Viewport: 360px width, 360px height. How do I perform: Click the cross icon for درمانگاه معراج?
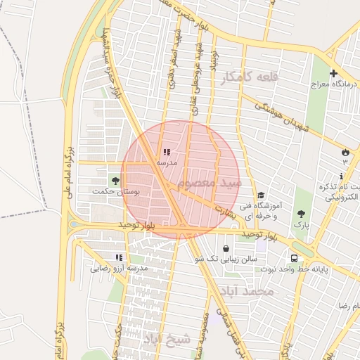(333, 73)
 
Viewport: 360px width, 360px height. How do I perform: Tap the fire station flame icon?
(345, 152)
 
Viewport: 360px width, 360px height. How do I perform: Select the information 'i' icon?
(342, 176)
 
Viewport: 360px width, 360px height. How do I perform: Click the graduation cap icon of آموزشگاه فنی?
(261, 195)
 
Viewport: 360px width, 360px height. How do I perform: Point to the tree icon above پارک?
(302, 214)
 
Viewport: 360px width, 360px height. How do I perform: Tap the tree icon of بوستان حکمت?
(115, 180)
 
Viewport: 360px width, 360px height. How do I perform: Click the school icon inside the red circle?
(166, 152)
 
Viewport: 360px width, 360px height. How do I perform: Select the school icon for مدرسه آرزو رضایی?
(119, 257)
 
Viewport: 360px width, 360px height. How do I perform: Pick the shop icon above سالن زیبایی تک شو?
(226, 248)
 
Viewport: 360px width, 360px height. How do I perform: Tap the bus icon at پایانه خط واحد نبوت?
(293, 258)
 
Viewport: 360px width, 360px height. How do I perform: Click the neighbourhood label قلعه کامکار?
(245, 78)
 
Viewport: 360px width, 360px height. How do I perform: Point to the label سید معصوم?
(210, 184)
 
